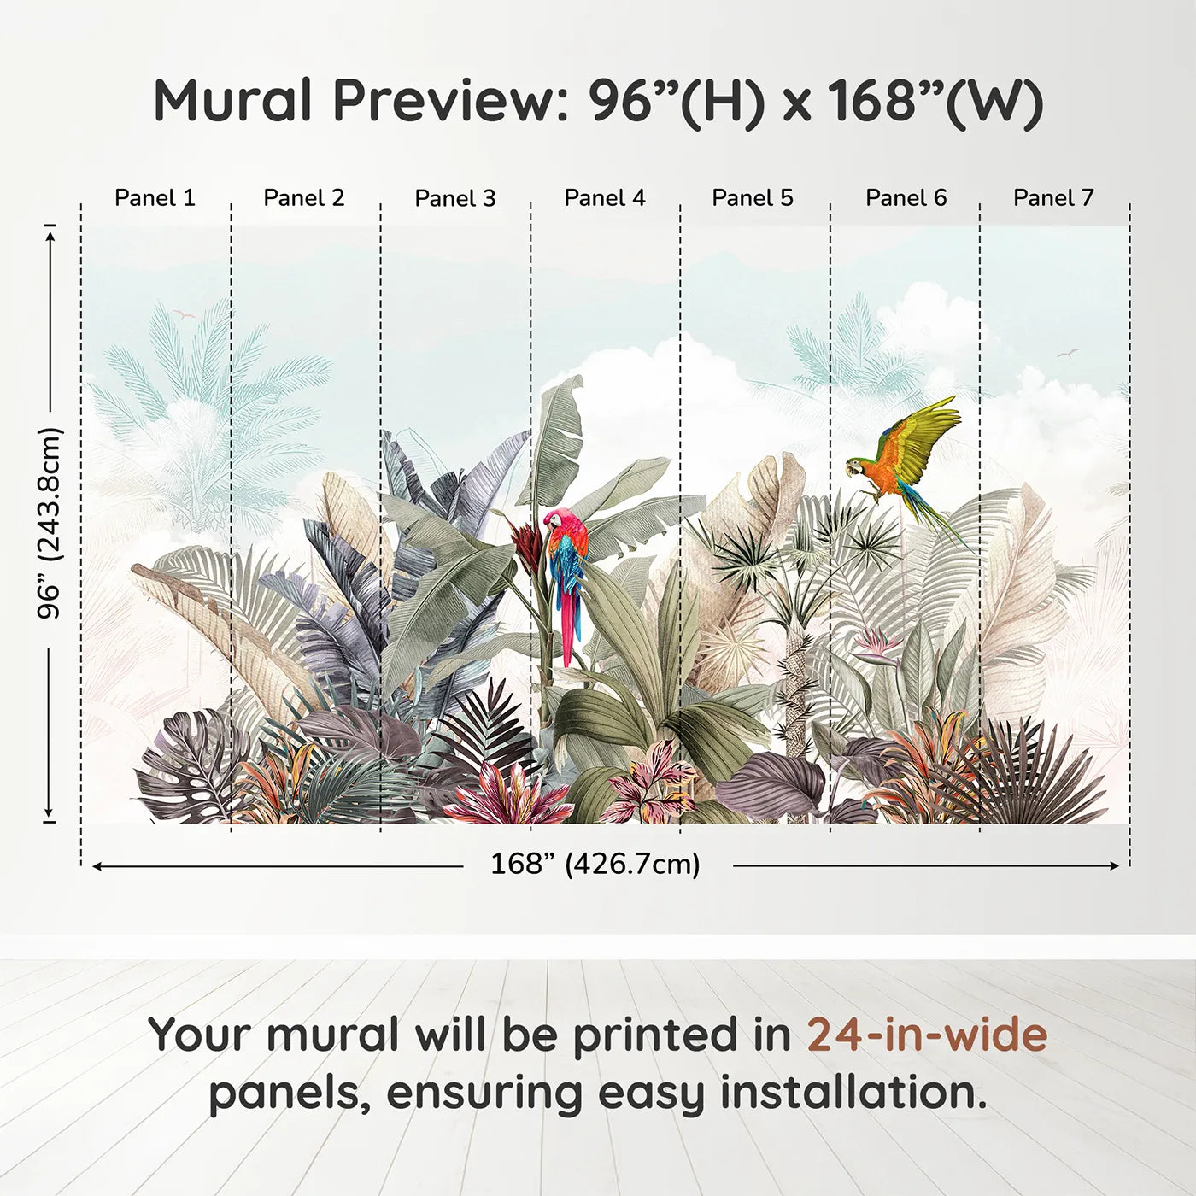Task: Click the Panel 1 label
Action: tap(155, 198)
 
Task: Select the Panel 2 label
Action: tap(304, 198)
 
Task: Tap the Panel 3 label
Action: tap(454, 198)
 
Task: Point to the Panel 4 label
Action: tap(605, 198)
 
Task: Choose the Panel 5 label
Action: tap(753, 198)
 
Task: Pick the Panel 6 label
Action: tap(906, 198)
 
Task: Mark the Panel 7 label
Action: tap(1053, 198)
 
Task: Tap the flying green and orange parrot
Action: tap(906, 457)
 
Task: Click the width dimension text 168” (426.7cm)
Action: tap(595, 865)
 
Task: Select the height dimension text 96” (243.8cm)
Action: tap(50, 523)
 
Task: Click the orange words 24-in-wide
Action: tap(927, 1035)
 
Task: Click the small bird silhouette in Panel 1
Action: tap(183, 315)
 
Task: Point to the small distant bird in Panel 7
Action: tap(1068, 353)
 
